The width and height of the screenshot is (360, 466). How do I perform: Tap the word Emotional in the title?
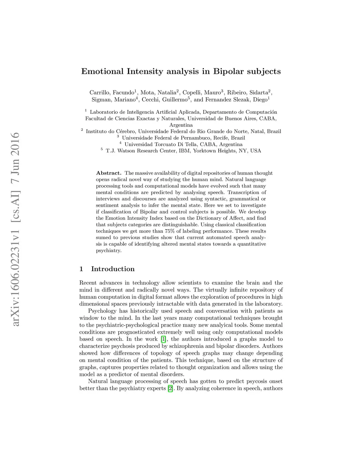coord(102,71)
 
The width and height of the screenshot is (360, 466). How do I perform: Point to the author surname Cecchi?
coord(150,100)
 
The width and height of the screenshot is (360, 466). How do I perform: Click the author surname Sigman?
coord(101,100)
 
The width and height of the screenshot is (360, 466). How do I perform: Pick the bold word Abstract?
coord(109,173)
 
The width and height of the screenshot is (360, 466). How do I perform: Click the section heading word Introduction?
coord(113,269)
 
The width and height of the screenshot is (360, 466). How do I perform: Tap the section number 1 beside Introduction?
coord(82,269)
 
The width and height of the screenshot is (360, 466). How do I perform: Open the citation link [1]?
coord(163,339)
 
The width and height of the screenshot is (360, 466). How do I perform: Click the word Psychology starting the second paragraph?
coord(102,311)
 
